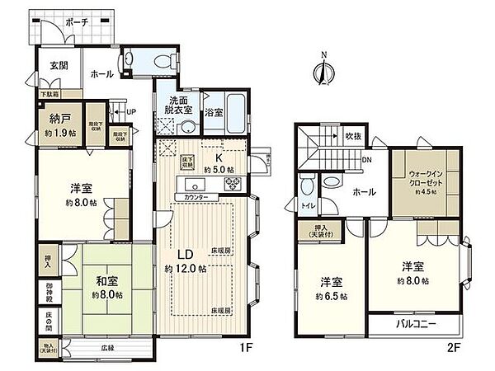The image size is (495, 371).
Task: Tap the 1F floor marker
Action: pyautogui.click(x=245, y=349)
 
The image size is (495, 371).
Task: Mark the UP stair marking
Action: pyautogui.click(x=130, y=112)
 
